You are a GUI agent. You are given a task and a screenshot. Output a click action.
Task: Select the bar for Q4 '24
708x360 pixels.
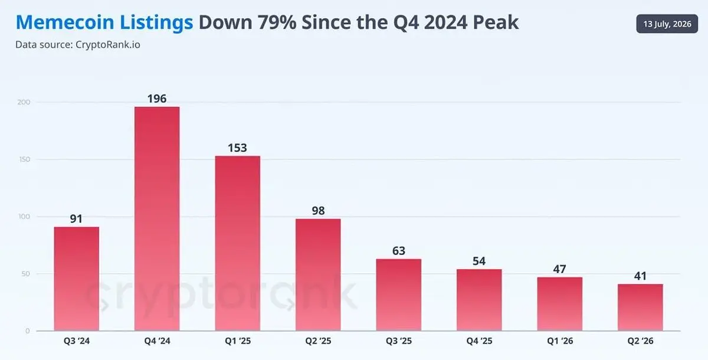[157, 219]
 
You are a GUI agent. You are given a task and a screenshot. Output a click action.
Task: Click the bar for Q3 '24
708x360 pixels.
[77, 279]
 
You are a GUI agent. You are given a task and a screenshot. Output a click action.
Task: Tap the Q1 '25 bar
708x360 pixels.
[238, 243]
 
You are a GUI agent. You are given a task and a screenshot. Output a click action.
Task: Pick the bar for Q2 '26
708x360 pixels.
[640, 307]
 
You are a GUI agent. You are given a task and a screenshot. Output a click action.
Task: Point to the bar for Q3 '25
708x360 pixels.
[399, 295]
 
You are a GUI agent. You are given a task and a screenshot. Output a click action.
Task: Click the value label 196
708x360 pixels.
[157, 99]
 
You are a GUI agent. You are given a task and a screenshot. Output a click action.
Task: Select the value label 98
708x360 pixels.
[318, 211]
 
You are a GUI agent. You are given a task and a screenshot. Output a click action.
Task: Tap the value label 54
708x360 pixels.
[479, 261]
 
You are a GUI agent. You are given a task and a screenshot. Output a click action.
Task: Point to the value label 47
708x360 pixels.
[559, 269]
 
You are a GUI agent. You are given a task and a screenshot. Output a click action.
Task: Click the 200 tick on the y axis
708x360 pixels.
[24, 102]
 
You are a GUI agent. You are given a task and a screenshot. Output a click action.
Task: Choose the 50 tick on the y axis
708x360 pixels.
[26, 274]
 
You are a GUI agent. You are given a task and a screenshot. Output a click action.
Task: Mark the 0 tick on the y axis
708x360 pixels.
[28, 331]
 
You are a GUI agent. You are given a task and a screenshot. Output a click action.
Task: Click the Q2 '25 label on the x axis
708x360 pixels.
[318, 341]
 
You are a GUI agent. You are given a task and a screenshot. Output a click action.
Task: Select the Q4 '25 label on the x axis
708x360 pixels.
[479, 341]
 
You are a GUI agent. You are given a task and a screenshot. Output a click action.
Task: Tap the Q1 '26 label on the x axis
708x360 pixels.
[560, 341]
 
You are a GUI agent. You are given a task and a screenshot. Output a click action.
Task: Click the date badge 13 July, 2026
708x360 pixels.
[667, 24]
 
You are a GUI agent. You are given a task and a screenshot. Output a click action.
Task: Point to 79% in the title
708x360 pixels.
[277, 22]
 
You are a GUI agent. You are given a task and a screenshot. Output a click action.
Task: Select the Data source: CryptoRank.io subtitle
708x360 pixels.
[78, 45]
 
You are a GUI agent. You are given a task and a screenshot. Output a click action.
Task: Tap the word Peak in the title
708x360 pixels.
[496, 22]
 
